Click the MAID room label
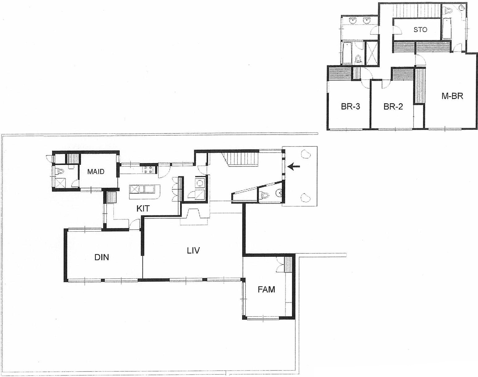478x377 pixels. pyautogui.click(x=96, y=172)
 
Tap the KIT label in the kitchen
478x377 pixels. pyautogui.click(x=143, y=208)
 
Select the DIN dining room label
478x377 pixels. pyautogui.click(x=102, y=257)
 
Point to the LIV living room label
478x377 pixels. pyautogui.click(x=193, y=250)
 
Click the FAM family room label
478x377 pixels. pyautogui.click(x=266, y=289)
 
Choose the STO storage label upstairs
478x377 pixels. pyautogui.click(x=420, y=30)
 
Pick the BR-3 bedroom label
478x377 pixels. pyautogui.click(x=351, y=107)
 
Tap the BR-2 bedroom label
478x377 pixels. pyautogui.click(x=393, y=107)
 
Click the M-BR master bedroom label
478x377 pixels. pyautogui.click(x=452, y=96)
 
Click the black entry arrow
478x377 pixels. pyautogui.click(x=293, y=166)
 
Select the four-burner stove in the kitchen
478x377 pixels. pyautogui.click(x=148, y=170)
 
